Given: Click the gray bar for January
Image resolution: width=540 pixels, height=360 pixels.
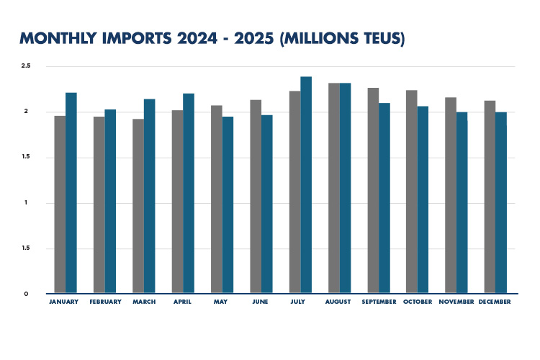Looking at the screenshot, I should coord(60,204).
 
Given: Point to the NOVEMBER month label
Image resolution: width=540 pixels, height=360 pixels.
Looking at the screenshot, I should coord(456,302).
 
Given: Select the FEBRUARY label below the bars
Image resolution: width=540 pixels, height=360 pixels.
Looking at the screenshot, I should coord(105,302).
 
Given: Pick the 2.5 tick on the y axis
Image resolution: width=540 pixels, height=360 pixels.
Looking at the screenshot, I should coord(26,66).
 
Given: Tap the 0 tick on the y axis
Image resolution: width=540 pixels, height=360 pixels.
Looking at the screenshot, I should coord(26,294).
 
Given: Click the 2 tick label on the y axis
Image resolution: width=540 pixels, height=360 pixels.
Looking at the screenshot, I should coord(27,112).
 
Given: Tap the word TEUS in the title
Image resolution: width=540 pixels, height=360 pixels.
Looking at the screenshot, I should coord(377,38).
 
